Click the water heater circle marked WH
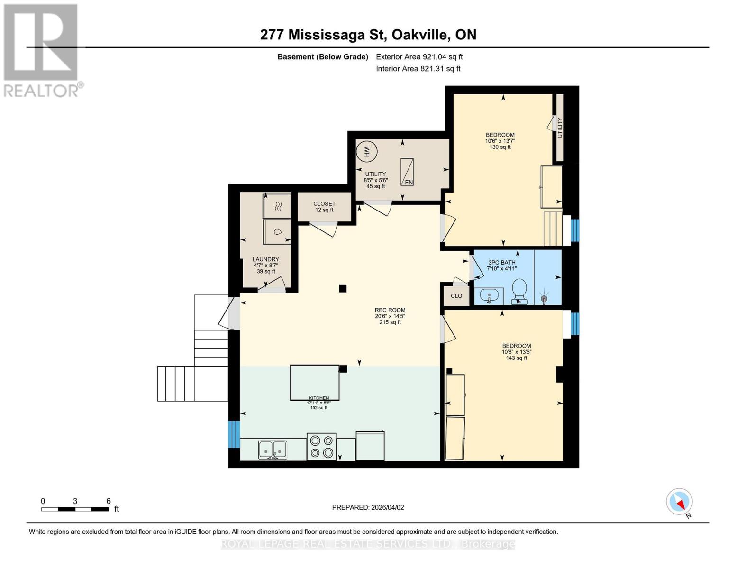366,152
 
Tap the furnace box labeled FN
407,172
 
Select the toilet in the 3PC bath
520,290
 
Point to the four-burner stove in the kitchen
321,447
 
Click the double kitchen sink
273,450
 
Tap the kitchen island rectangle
314,382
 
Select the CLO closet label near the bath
456,296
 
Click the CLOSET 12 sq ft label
324,207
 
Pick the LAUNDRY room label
265,259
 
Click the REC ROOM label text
390,310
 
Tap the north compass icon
679,502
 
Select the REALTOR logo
42,50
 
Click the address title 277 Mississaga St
368,35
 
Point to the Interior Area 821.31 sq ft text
418,69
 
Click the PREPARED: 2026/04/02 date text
368,507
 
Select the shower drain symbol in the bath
544,299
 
